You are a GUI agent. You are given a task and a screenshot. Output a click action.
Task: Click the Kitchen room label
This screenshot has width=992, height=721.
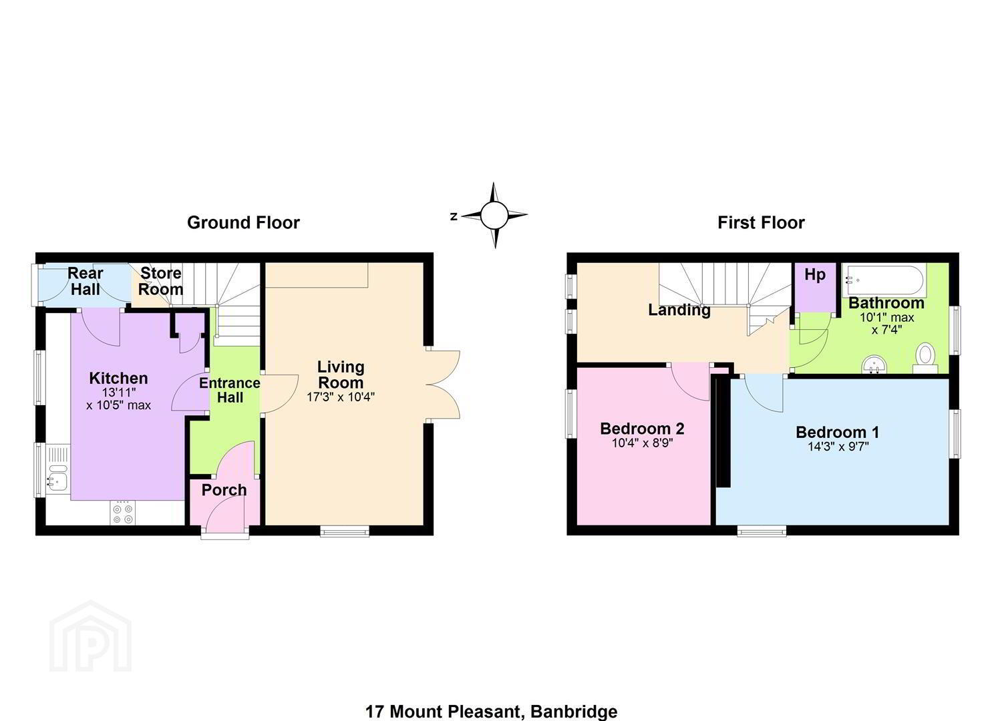pos(119,379)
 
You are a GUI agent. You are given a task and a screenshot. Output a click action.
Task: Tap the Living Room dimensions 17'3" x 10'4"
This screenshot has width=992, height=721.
pos(341,397)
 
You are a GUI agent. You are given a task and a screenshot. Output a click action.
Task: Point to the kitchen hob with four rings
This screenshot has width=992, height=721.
pos(123,513)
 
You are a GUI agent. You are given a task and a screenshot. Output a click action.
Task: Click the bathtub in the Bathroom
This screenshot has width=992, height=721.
pos(884,280)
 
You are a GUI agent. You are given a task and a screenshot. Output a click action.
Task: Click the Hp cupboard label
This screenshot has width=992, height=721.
pos(815,275)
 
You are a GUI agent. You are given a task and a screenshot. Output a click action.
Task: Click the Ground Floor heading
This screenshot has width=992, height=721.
pos(244,222)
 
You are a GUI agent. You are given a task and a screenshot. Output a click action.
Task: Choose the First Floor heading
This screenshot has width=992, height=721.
pos(761,222)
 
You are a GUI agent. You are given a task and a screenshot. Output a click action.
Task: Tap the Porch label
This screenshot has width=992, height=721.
pos(224,490)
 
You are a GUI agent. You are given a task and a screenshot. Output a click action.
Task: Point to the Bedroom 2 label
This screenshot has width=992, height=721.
pos(642,429)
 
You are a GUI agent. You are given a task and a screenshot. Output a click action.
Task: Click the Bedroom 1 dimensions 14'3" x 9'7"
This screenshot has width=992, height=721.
pos(838,446)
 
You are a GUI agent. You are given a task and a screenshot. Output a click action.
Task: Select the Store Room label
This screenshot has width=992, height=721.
pos(161,281)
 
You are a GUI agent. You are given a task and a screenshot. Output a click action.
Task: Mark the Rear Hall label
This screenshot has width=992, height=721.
pos(85,281)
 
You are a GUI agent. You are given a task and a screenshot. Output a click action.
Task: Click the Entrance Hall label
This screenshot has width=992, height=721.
pos(230,390)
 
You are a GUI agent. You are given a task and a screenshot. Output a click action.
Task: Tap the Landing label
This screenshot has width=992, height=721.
pos(679,310)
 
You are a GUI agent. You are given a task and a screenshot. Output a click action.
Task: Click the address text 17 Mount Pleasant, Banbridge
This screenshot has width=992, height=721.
pos(491,712)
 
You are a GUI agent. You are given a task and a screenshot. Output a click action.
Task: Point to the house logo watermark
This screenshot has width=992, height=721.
pos(90,636)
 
